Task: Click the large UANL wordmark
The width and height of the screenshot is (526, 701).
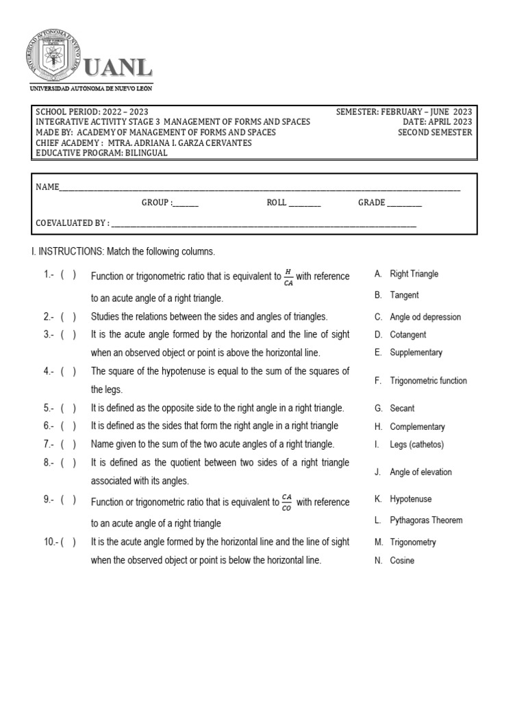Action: point(118,68)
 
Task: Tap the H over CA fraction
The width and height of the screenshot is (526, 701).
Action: point(288,277)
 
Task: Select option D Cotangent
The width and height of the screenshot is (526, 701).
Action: point(408,335)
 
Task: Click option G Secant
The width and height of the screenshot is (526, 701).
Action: point(401,408)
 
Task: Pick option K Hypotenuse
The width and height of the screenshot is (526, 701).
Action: point(410,499)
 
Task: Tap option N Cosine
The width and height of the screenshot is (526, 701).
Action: point(401,561)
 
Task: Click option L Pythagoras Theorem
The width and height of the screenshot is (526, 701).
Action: point(425,520)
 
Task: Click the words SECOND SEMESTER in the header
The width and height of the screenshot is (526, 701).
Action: point(435,132)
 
